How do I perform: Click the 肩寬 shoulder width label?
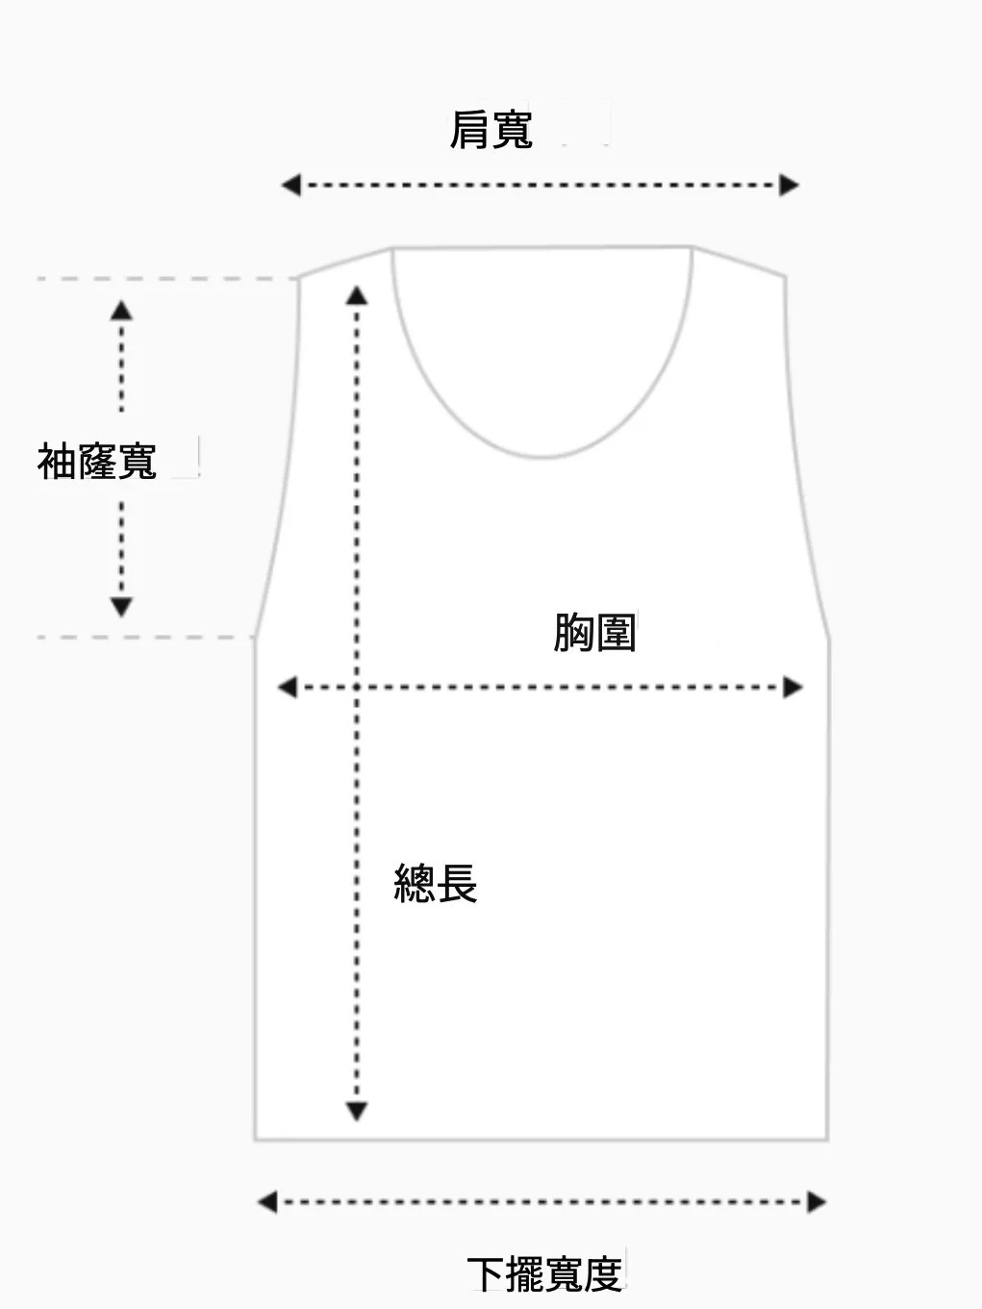point(491,130)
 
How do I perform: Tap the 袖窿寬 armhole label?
point(97,462)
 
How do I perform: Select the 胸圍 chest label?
point(594,633)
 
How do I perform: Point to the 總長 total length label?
point(436,883)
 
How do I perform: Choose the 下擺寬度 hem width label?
point(545,1274)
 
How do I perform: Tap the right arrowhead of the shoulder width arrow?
point(790,185)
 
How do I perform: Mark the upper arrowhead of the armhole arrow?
point(121,310)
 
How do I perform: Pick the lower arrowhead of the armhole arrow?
point(121,607)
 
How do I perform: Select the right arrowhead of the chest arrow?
point(793,687)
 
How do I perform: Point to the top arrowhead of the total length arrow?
point(357,294)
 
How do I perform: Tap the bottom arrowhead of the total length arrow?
point(357,1112)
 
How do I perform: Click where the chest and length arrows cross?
point(357,687)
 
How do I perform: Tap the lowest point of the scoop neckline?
point(543,457)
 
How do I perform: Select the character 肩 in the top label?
point(469,130)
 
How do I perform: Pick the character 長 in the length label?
point(457,883)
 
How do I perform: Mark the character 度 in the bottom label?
point(603,1274)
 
